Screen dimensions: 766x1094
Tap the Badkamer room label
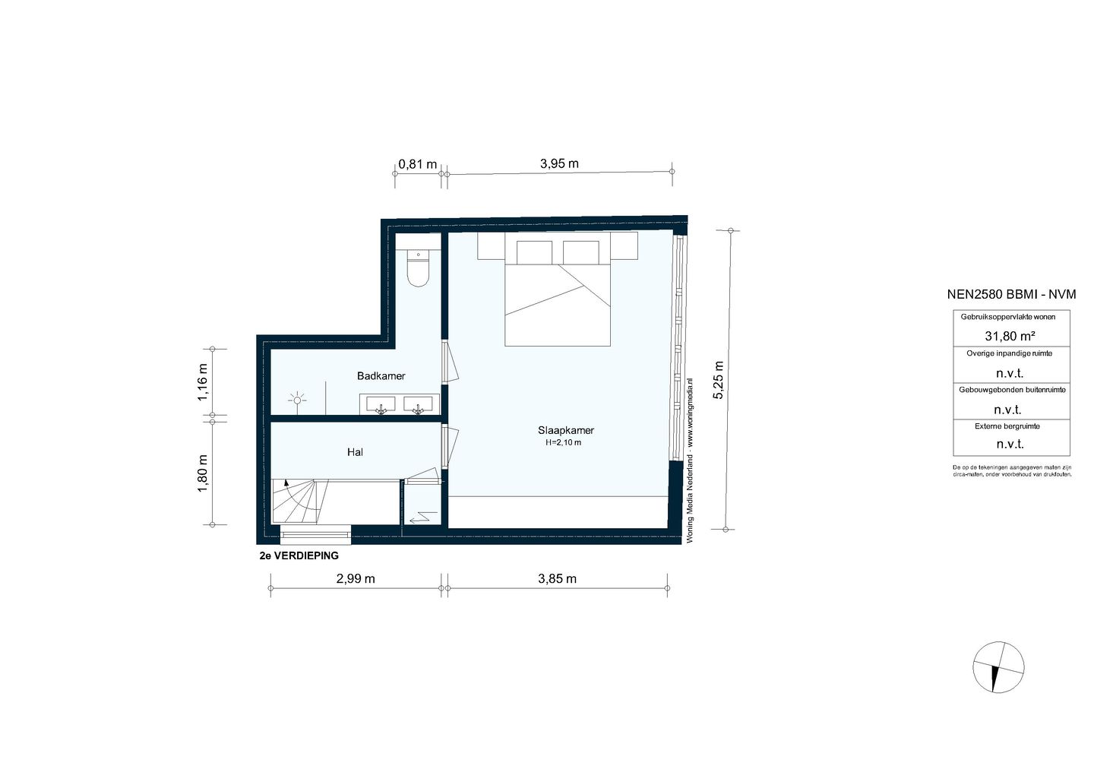click(381, 376)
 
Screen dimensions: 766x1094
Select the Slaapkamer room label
click(566, 430)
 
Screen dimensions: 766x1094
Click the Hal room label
click(355, 452)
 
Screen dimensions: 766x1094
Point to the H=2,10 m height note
click(563, 442)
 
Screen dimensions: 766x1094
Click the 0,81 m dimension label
click(418, 164)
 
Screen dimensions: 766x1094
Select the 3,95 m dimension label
click(559, 163)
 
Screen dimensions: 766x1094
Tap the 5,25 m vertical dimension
click(718, 379)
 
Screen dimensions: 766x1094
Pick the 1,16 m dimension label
click(202, 383)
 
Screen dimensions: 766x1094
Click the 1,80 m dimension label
click(202, 473)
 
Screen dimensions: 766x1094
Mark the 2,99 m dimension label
click(356, 578)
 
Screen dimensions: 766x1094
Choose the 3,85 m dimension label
click(557, 578)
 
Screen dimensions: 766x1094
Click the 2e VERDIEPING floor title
click(299, 556)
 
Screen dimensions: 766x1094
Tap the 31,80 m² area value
click(1010, 336)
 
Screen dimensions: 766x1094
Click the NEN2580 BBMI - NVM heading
click(1011, 295)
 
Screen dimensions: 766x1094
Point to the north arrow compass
click(998, 667)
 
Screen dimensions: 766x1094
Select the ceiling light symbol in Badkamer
click(297, 399)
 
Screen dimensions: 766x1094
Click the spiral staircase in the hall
click(299, 502)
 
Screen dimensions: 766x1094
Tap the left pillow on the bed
click(534, 252)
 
